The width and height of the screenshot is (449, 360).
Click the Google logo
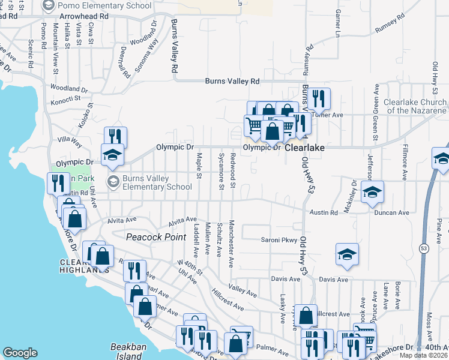20,353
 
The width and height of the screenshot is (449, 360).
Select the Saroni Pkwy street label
279,241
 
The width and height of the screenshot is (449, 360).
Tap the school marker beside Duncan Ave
372,192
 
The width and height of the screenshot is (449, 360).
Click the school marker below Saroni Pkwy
347,255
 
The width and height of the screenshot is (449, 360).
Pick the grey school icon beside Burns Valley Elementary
112,181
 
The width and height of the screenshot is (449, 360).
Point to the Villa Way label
70,141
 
